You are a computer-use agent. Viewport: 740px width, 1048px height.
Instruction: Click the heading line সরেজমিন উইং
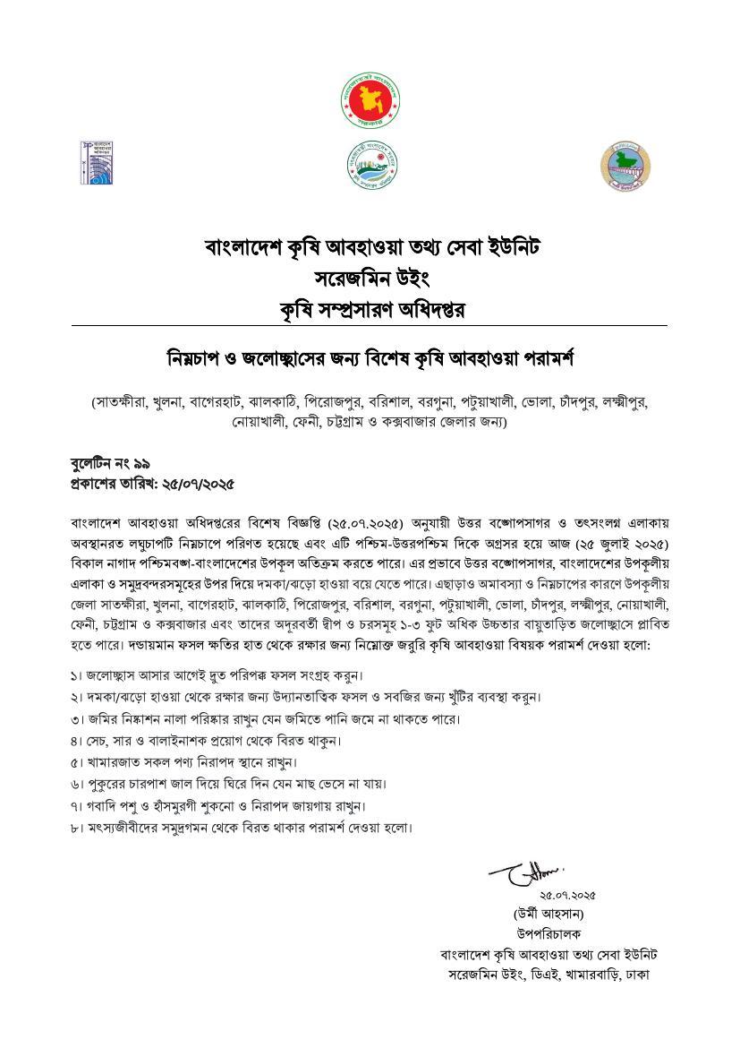(370, 277)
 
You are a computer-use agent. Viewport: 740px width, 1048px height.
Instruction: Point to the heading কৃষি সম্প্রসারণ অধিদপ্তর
(370, 308)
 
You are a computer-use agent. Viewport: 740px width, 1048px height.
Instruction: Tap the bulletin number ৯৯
(140, 463)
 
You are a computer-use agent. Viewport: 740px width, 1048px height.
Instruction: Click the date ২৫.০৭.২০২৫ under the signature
(566, 895)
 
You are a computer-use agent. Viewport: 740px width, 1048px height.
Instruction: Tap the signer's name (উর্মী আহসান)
(555, 914)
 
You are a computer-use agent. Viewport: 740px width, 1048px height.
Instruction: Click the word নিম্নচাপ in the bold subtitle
(198, 358)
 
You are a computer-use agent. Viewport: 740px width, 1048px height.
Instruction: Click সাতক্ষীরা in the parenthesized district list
(122, 403)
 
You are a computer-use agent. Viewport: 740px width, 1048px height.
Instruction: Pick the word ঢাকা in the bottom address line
(637, 974)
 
